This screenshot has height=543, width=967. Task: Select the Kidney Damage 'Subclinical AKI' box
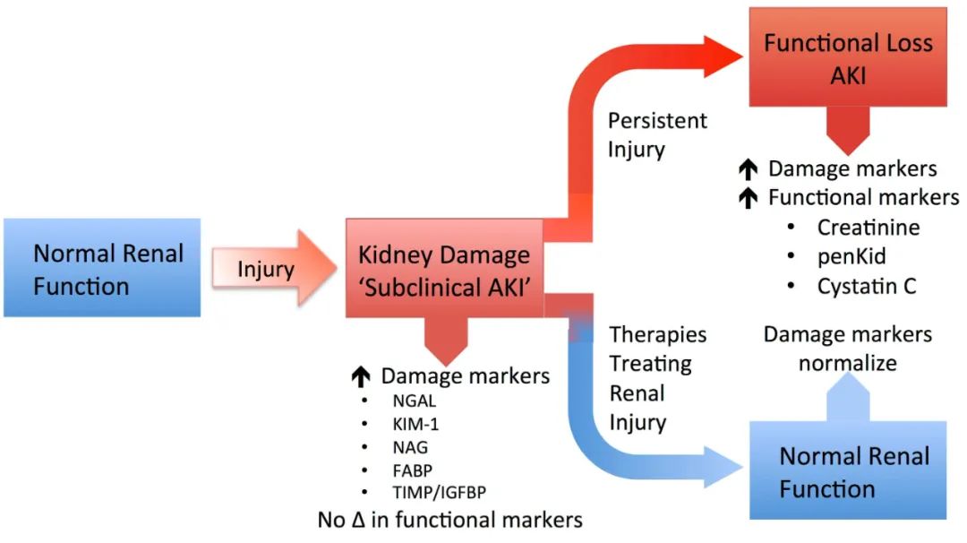444,268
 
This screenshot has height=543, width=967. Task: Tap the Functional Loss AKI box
848,58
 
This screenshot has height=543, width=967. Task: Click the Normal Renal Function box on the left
101,269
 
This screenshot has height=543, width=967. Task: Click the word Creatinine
868,228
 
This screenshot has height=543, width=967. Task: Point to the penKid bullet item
851,257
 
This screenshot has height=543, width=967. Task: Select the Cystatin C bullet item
866,287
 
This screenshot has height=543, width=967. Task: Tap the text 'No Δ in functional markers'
450,519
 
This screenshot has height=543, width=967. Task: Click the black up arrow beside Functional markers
749,198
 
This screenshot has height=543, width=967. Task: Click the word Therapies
658,334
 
